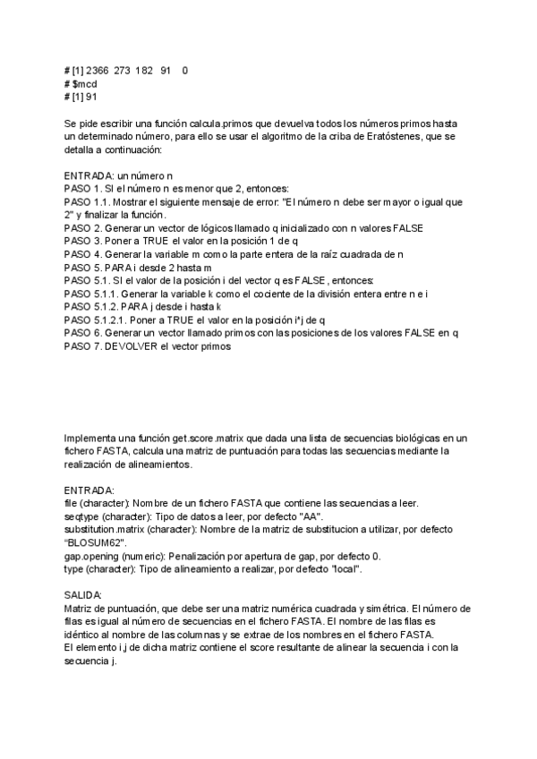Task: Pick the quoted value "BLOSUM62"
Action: (x=96, y=542)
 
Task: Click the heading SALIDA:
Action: (x=83, y=594)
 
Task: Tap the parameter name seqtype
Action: (x=81, y=516)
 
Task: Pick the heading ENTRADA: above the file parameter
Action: (x=89, y=491)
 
